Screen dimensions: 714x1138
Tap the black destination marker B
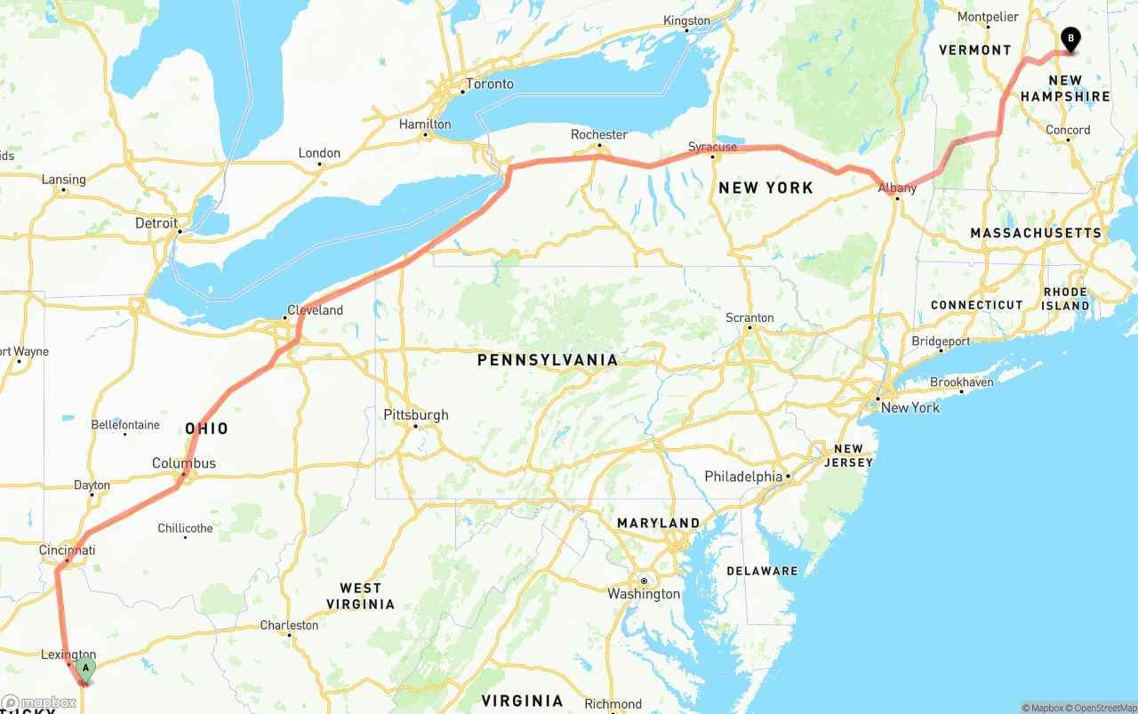pos(1070,39)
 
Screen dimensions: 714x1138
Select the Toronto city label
pos(490,84)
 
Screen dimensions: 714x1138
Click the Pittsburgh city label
pos(416,414)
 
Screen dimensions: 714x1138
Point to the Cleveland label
pos(315,310)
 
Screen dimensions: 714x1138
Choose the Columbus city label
pos(184,463)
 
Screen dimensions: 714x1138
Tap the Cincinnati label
pos(67,550)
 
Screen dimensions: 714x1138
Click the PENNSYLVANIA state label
pos(547,360)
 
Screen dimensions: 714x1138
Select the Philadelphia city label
pos(743,477)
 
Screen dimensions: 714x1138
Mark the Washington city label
pos(644,594)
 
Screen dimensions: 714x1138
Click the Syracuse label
pos(712,147)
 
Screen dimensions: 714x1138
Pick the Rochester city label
pos(599,134)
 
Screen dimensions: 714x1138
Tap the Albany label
pos(897,188)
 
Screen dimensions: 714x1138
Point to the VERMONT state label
pos(975,50)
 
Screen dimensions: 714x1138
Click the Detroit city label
pos(156,223)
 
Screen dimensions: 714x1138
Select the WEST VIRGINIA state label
pos(360,596)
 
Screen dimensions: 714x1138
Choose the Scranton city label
pos(749,317)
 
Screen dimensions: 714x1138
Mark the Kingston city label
pos(687,20)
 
